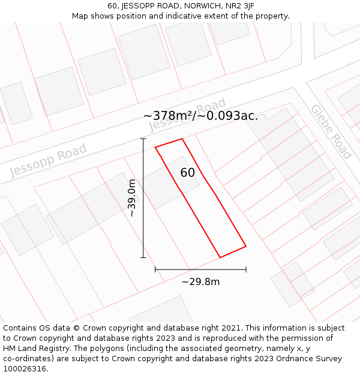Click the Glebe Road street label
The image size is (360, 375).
331,131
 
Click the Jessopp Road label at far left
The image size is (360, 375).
48,160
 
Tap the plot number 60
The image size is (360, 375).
187,173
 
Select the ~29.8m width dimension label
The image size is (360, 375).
200,281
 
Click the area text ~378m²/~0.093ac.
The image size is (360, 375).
200,115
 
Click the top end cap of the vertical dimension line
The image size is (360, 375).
143,139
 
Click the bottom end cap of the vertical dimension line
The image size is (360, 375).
143,258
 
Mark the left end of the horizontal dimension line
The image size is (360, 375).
155,269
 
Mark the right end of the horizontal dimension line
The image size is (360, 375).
246,269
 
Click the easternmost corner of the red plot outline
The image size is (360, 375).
246,246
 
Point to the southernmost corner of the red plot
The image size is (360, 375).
220,257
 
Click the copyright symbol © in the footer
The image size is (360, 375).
76,328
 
